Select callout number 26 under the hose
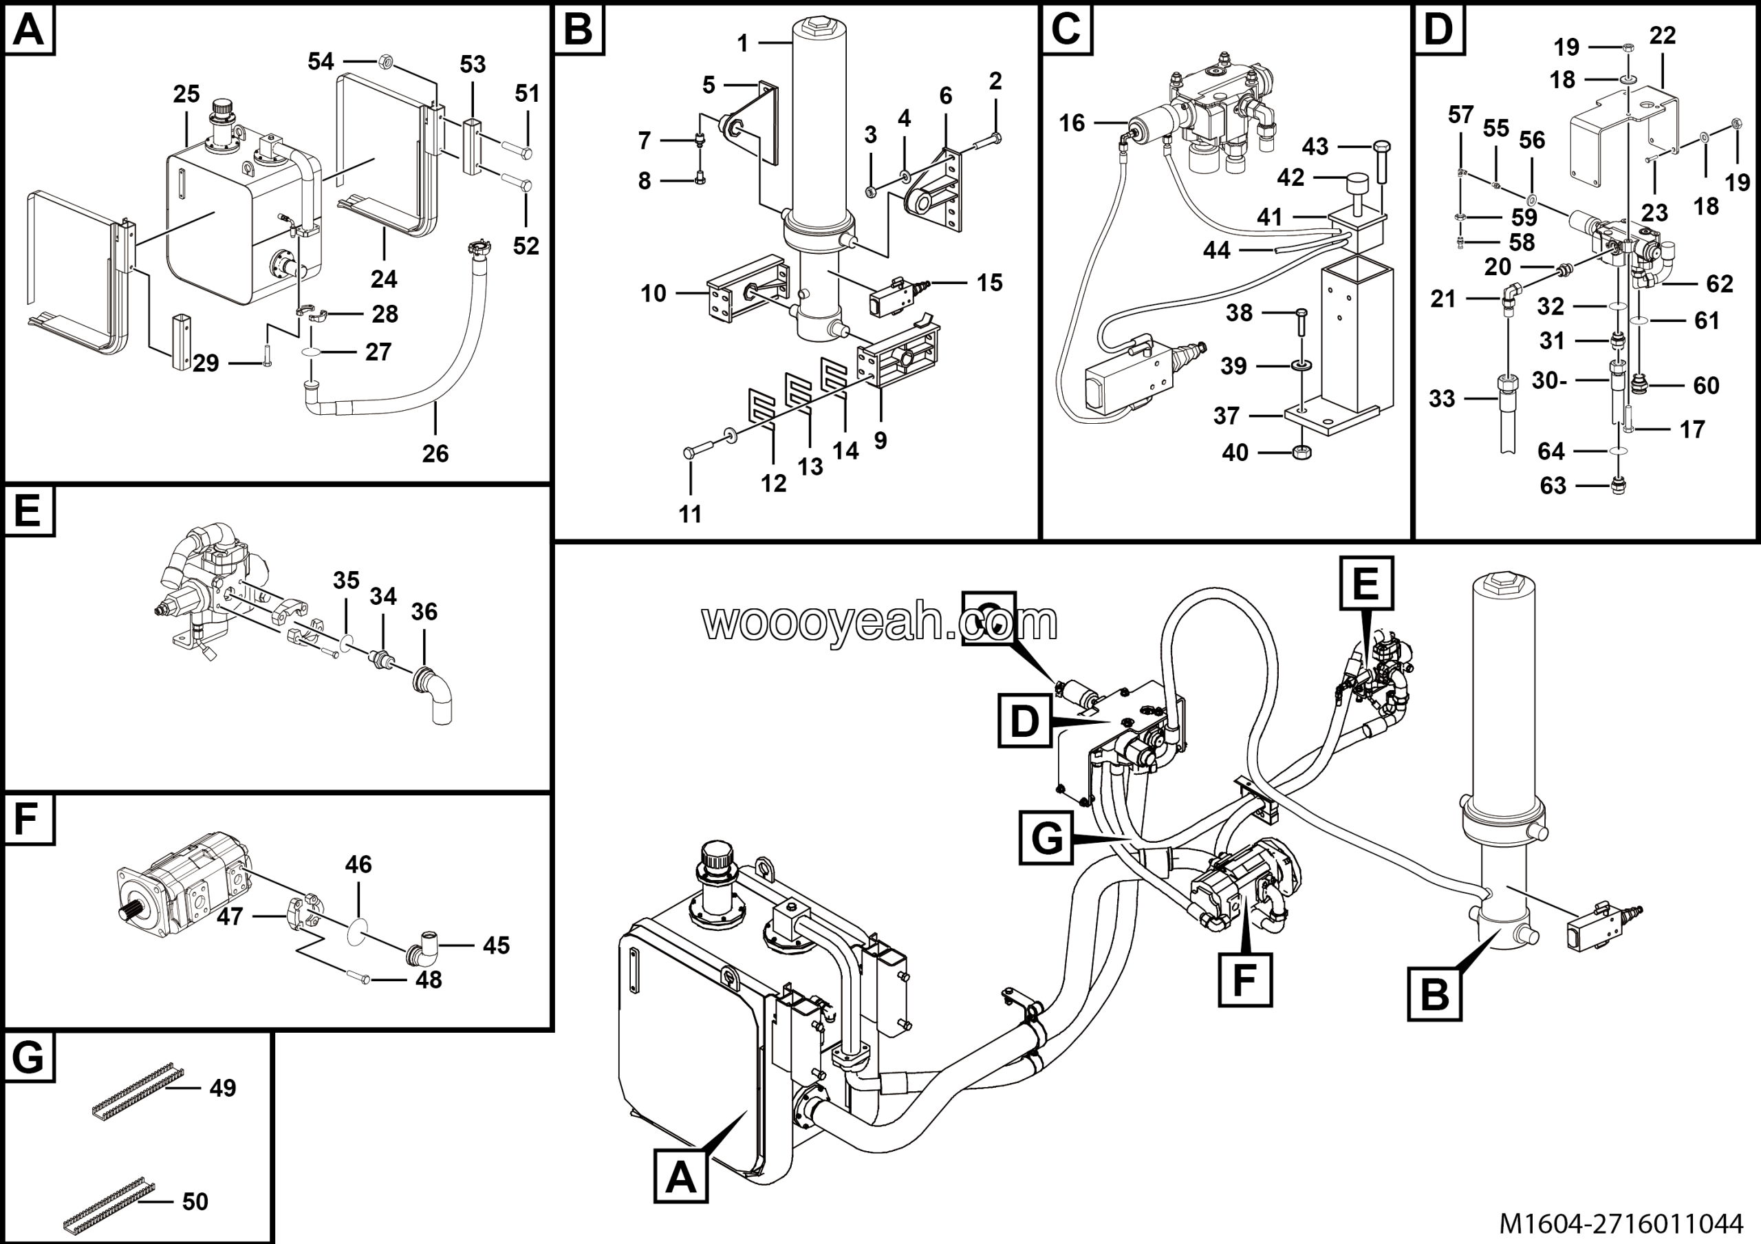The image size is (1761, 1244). tap(435, 453)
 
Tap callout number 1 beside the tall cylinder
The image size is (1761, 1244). tap(742, 44)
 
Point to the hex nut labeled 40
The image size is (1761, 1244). tap(1301, 452)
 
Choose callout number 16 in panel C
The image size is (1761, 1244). tap(1072, 122)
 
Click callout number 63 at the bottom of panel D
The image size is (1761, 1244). tap(1553, 486)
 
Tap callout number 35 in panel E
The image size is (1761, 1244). tap(346, 581)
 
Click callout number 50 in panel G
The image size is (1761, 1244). tap(195, 1201)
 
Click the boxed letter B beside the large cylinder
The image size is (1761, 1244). tap(1434, 995)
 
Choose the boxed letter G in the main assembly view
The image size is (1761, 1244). tap(1046, 839)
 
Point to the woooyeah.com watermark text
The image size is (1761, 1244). tap(879, 622)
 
